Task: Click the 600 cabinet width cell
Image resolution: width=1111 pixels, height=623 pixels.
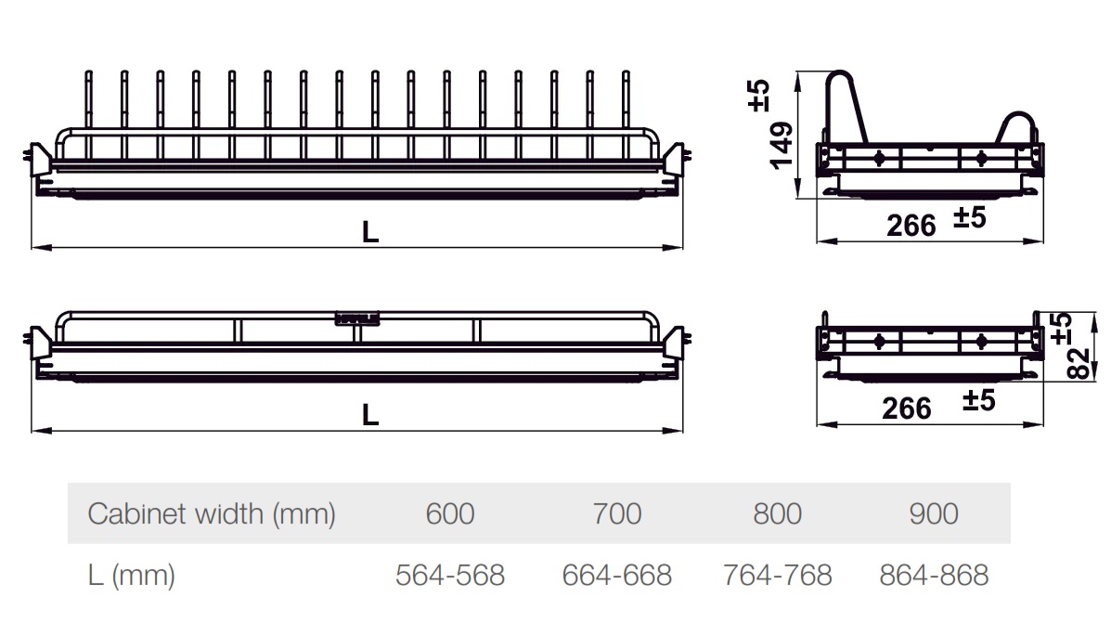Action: pos(450,513)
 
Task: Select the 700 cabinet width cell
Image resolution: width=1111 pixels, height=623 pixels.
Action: pos(616,513)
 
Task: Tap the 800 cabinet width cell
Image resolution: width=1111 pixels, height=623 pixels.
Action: pos(777,513)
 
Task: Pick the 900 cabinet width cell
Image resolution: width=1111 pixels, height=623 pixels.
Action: pos(934,513)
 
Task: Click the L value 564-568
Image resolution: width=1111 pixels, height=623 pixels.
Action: pos(450,575)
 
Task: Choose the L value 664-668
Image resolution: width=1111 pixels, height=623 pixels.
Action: pos(616,575)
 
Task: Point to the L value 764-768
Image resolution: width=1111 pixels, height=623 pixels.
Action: pos(777,575)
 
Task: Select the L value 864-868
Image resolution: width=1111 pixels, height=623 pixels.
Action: pos(934,575)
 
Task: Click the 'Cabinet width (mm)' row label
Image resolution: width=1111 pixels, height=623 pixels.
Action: pos(211,513)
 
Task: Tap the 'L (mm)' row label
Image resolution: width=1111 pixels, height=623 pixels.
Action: pos(131,575)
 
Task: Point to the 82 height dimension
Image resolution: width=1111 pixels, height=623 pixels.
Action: pos(1077,364)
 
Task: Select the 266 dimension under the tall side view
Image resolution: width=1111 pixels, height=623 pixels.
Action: pos(911,225)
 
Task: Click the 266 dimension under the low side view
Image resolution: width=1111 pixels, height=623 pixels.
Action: pos(906,408)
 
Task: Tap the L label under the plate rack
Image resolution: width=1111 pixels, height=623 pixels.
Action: pos(370,233)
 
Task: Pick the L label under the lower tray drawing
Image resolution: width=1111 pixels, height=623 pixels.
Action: pos(370,414)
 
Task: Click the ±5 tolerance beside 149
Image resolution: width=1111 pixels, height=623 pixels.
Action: pos(759,96)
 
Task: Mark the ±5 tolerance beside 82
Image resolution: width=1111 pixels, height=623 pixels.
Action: pos(1062,328)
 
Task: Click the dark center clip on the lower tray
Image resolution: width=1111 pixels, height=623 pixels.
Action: pos(358,318)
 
